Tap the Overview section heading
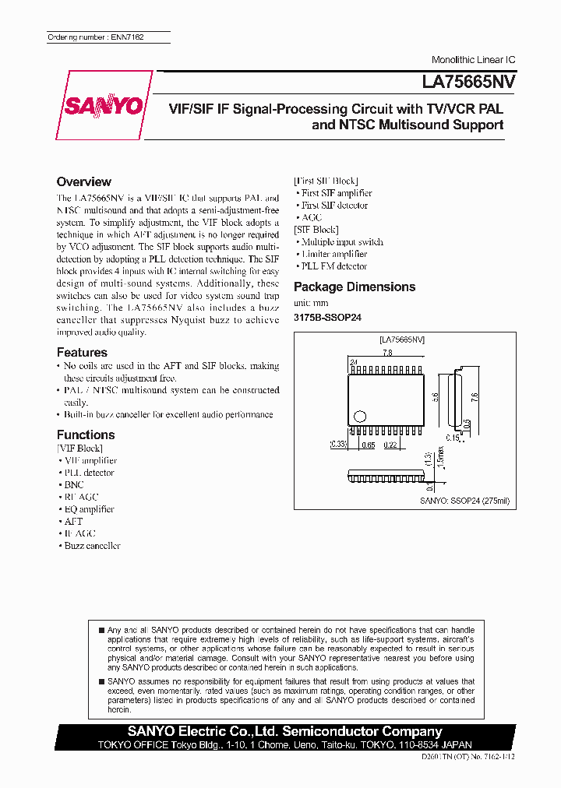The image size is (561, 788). (x=84, y=181)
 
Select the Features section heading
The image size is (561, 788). (x=82, y=352)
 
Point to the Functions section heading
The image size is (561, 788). (x=86, y=434)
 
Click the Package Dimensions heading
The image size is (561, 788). (x=355, y=287)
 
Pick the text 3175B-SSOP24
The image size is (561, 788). (x=327, y=318)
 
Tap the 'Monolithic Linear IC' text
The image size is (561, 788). (x=473, y=60)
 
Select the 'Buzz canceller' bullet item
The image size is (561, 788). (x=92, y=546)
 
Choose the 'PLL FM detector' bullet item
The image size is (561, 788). (x=334, y=266)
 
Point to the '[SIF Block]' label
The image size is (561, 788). (x=316, y=230)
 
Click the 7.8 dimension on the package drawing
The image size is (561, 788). (x=386, y=354)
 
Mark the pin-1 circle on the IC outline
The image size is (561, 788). (x=359, y=416)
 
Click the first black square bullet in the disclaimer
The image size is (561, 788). (x=101, y=628)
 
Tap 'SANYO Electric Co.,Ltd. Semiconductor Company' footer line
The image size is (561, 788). (x=286, y=731)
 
